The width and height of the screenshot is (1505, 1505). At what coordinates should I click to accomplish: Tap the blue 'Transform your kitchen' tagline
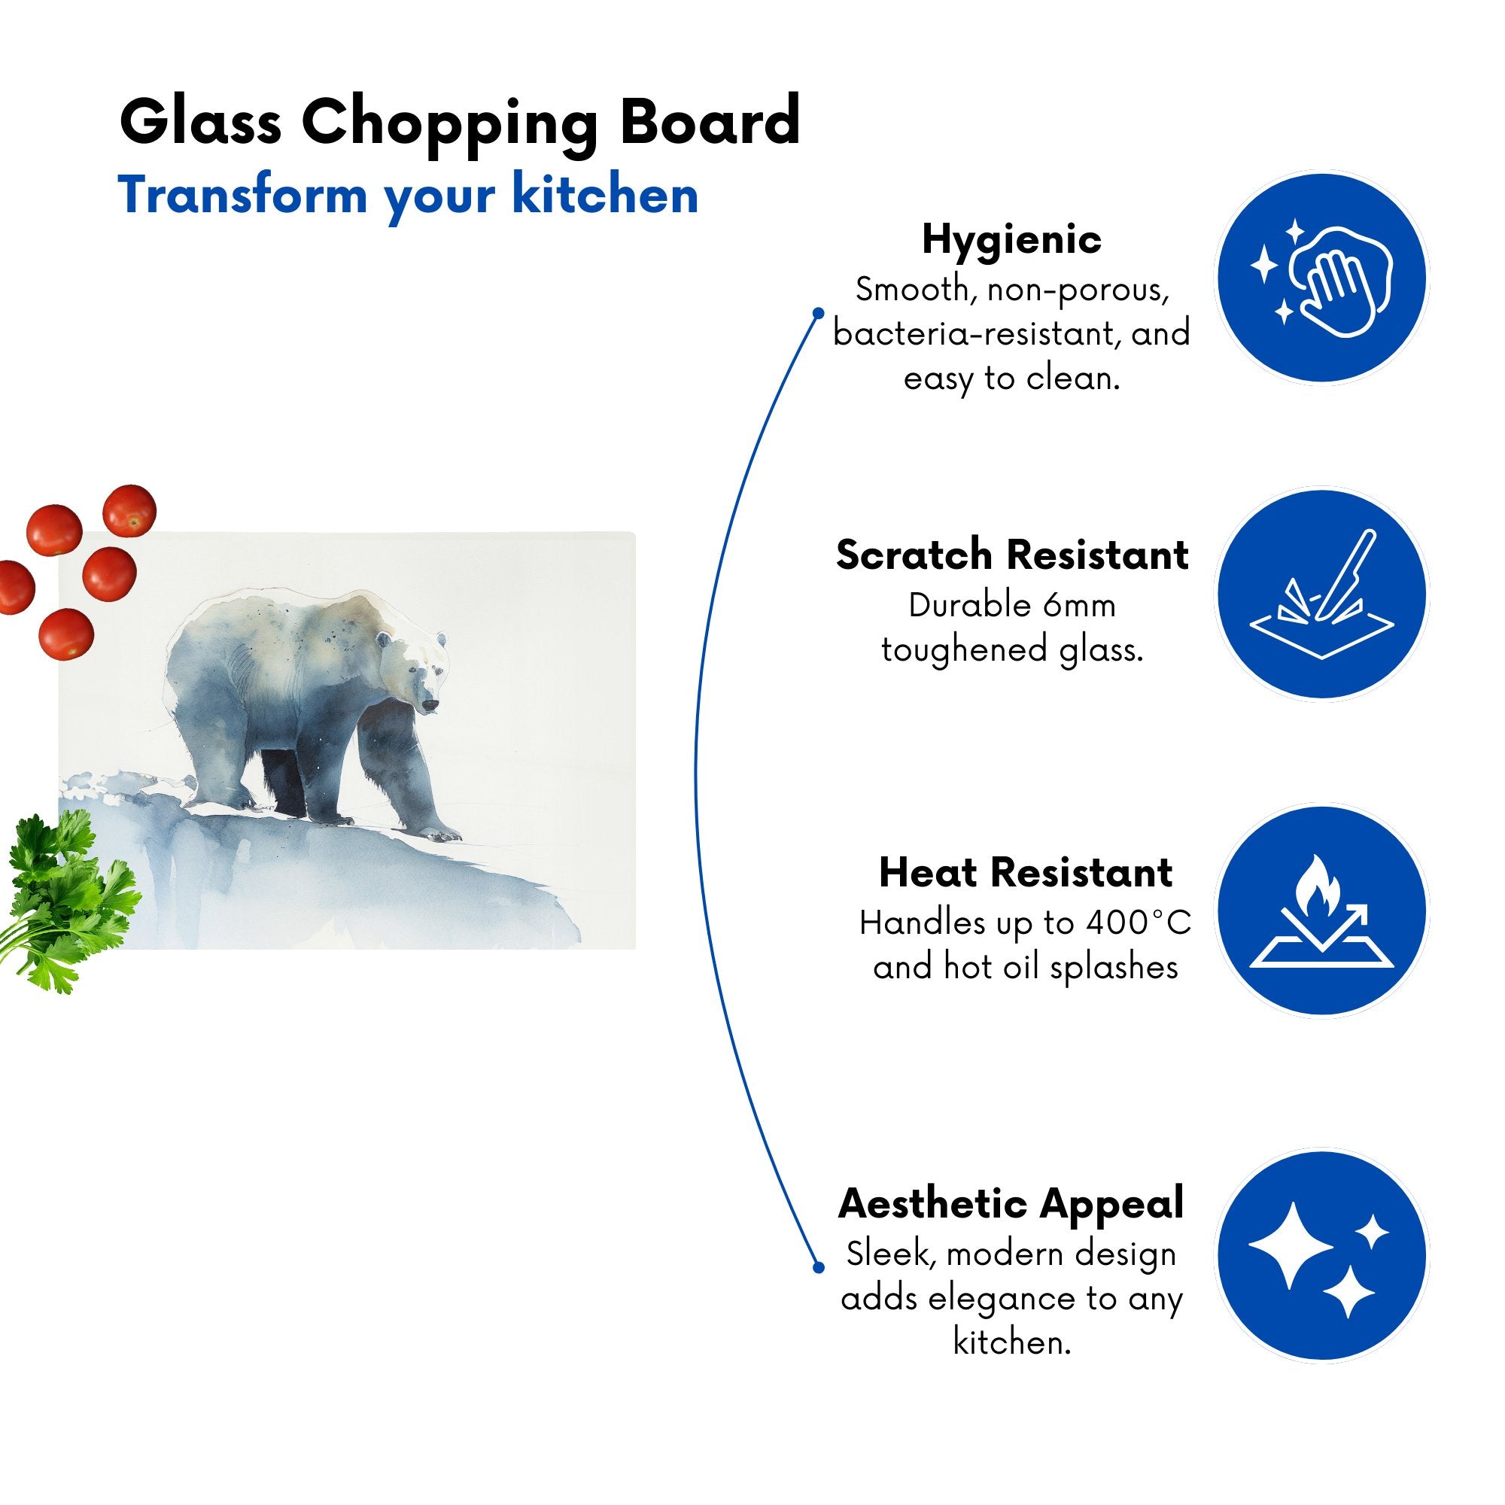click(x=408, y=196)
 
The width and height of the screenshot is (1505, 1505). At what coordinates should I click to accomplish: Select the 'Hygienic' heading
click(x=1011, y=240)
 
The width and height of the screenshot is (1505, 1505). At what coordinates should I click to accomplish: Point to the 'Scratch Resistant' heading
click(x=1012, y=555)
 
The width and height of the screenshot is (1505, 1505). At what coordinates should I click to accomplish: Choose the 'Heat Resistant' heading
click(x=1025, y=872)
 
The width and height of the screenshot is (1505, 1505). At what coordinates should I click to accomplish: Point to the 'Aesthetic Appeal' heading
click(x=1011, y=1203)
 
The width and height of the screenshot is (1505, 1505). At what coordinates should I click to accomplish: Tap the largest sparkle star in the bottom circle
click(x=1290, y=1246)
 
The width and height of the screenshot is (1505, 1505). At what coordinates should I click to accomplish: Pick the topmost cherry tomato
click(x=130, y=510)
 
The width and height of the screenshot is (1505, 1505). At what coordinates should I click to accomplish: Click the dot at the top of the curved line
click(x=818, y=313)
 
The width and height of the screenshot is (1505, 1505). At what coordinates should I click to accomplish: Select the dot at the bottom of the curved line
click(x=818, y=1267)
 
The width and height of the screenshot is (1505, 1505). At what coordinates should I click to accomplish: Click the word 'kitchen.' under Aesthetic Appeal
click(x=1012, y=1342)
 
